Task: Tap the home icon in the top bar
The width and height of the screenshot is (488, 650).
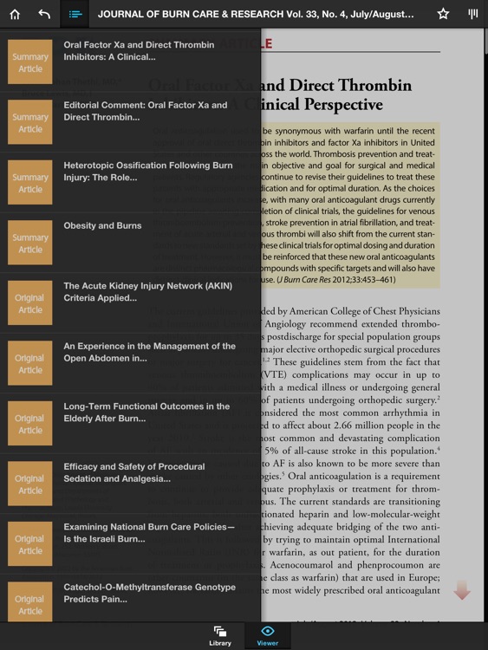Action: click(15, 14)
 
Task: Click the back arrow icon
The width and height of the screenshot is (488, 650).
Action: click(44, 14)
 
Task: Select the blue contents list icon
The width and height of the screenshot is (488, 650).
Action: click(75, 14)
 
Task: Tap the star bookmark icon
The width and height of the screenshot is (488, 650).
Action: click(443, 14)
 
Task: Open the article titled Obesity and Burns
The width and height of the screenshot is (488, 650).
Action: click(102, 226)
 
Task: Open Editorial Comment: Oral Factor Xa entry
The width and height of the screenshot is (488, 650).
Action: click(145, 111)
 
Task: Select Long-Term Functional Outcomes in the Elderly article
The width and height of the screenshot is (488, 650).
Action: click(146, 412)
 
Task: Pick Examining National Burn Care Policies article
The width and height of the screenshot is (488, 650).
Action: click(148, 532)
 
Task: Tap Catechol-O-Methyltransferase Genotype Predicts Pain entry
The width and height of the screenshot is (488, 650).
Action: click(149, 593)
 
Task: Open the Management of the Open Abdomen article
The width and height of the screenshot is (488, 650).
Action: click(149, 352)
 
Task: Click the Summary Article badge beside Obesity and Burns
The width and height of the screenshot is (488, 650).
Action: click(30, 244)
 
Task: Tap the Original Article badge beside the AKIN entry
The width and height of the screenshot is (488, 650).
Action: click(30, 303)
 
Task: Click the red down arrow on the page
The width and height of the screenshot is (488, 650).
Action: click(462, 591)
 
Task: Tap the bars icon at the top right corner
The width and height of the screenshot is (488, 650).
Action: click(472, 14)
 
